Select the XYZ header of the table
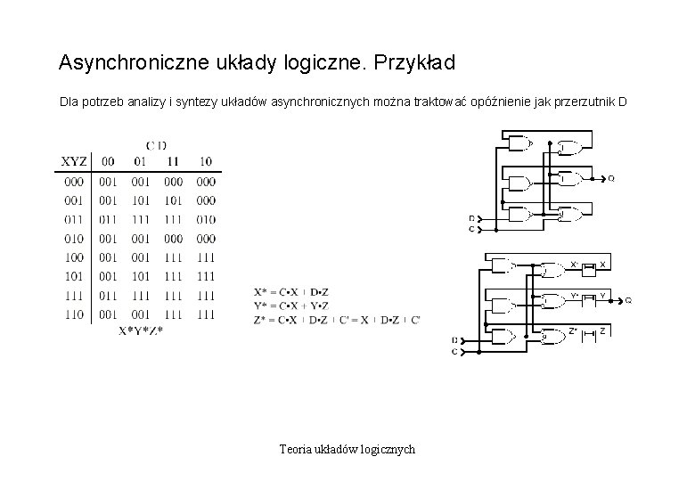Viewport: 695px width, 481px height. [73, 161]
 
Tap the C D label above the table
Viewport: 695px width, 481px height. [156, 145]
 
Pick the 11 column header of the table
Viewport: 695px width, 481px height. [173, 161]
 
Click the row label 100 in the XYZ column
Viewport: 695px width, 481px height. [74, 257]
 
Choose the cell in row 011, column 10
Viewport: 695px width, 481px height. [206, 219]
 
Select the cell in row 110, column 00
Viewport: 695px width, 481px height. [107, 314]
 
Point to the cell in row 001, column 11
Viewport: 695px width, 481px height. [173, 200]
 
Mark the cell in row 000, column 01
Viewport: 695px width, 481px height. [140, 181]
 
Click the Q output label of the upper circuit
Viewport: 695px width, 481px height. [610, 178]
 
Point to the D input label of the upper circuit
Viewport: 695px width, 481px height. [471, 218]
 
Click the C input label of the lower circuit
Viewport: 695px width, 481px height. [454, 353]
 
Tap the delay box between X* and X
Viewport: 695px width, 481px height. [587, 265]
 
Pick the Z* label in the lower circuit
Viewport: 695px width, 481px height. [573, 330]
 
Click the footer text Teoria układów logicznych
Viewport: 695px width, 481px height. [347, 450]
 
